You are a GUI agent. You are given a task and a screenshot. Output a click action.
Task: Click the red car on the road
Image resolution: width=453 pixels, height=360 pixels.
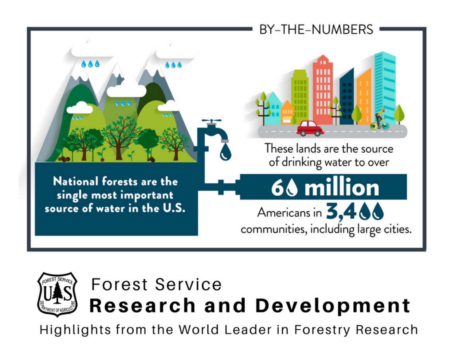(310, 128)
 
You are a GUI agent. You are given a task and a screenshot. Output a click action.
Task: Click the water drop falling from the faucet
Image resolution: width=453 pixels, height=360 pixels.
(225, 152)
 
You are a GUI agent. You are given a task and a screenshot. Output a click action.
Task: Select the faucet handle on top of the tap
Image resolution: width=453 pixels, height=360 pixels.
(211, 121)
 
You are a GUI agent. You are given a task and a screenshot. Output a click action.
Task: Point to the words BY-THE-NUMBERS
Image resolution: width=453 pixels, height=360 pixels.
(316, 29)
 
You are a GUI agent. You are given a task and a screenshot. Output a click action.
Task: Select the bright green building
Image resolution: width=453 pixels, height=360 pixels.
(300, 95)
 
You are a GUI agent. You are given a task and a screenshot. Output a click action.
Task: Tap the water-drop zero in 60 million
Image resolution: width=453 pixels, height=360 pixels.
(293, 188)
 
